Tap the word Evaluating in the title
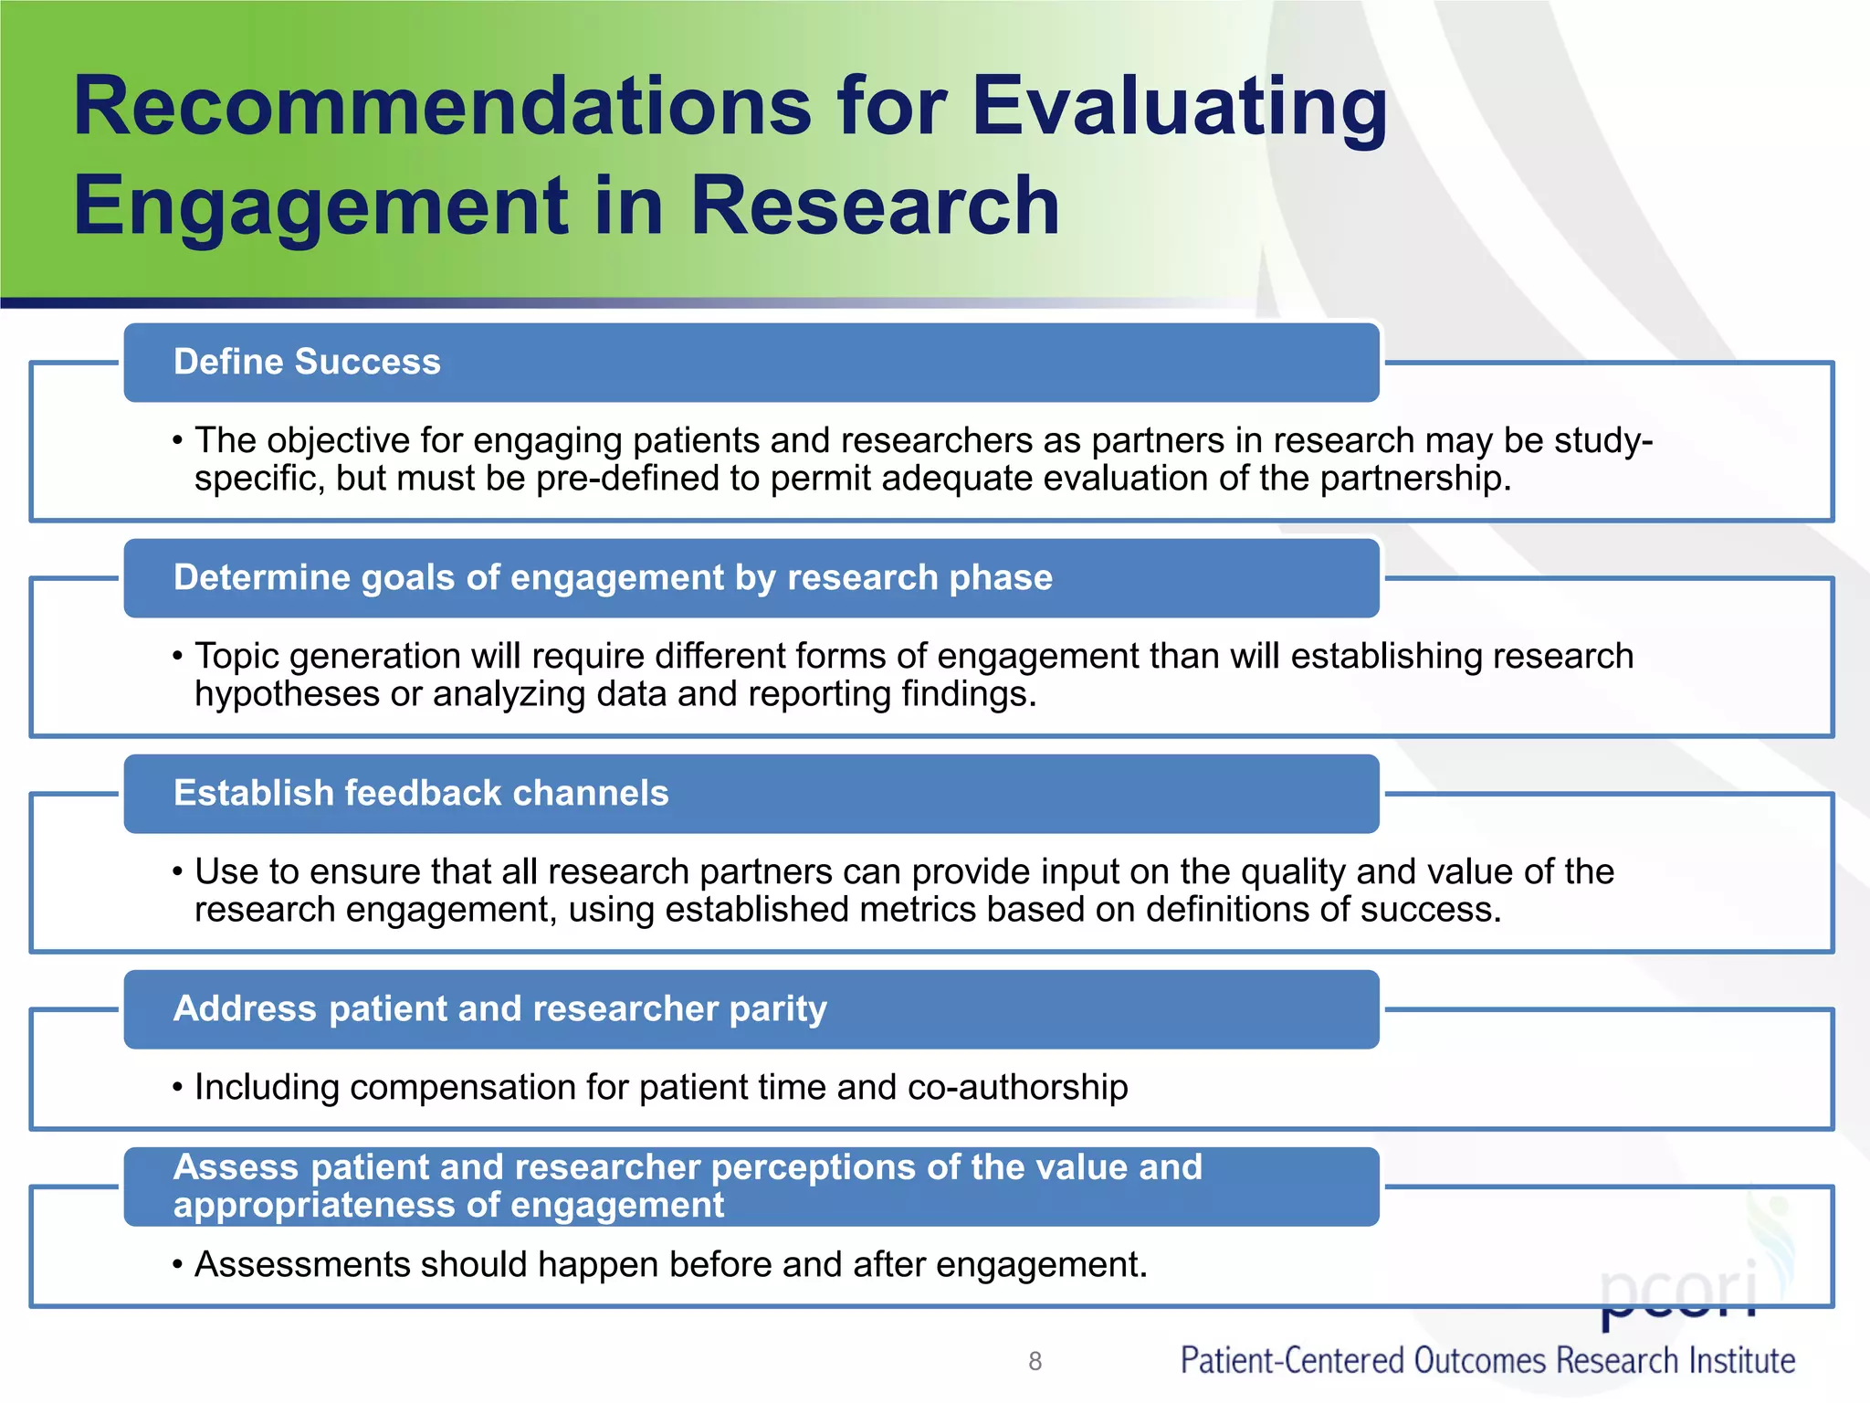(x=1179, y=107)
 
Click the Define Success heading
(x=307, y=362)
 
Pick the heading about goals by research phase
(x=613, y=577)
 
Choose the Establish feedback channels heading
(x=421, y=793)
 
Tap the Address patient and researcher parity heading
(x=499, y=1008)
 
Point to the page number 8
(x=1035, y=1361)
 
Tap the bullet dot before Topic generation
(x=178, y=657)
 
